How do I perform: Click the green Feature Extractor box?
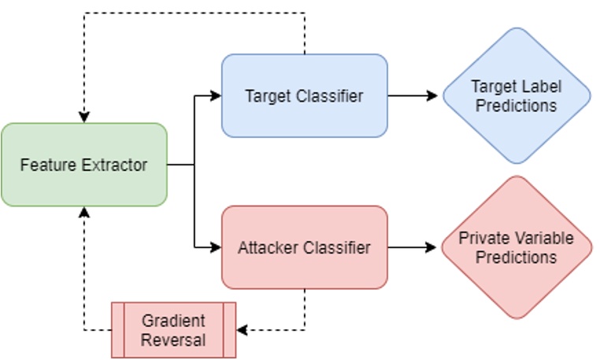[83, 165]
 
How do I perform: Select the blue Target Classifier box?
[304, 95]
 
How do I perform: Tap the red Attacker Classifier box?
[304, 247]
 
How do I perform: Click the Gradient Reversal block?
[173, 330]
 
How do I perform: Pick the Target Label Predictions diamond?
[516, 95]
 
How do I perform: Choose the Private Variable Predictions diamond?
[516, 247]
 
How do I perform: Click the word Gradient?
[173, 321]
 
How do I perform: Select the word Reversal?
[173, 340]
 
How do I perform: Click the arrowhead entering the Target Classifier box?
[217, 95]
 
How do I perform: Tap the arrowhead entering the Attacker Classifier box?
[217, 247]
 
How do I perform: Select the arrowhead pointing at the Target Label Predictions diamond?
[432, 95]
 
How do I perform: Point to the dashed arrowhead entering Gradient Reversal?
[242, 330]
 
